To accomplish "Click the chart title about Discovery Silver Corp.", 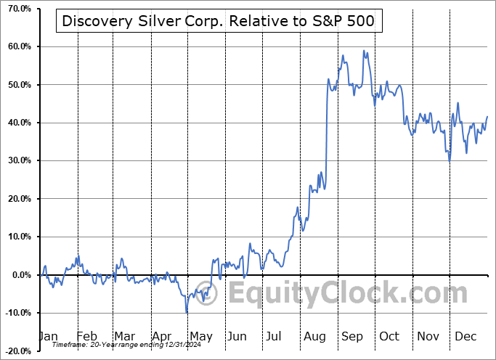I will (219, 21).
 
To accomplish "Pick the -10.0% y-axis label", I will (17, 313).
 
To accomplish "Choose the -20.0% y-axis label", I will (17, 351).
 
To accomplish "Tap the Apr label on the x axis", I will (162, 336).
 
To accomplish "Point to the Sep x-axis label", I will (351, 336).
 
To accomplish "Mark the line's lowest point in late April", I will (187, 312).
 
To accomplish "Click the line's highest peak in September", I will (364, 51).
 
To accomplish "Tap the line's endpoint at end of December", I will (487, 116).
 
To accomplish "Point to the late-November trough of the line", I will (450, 160).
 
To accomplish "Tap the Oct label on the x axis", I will (390, 336).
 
